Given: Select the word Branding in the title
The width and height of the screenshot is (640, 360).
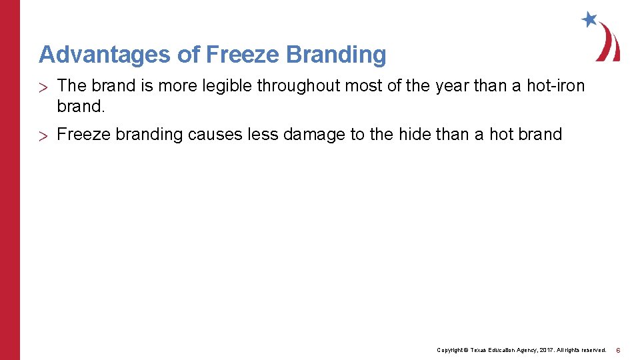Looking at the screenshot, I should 336,55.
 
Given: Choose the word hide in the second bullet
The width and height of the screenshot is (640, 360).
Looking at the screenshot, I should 414,135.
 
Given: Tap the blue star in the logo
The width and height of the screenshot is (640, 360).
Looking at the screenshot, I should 589,19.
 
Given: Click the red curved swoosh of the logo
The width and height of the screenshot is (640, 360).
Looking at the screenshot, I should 608,44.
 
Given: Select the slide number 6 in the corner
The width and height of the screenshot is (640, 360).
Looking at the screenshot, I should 619,350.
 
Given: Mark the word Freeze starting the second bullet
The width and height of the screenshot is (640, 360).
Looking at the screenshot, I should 83,135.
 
